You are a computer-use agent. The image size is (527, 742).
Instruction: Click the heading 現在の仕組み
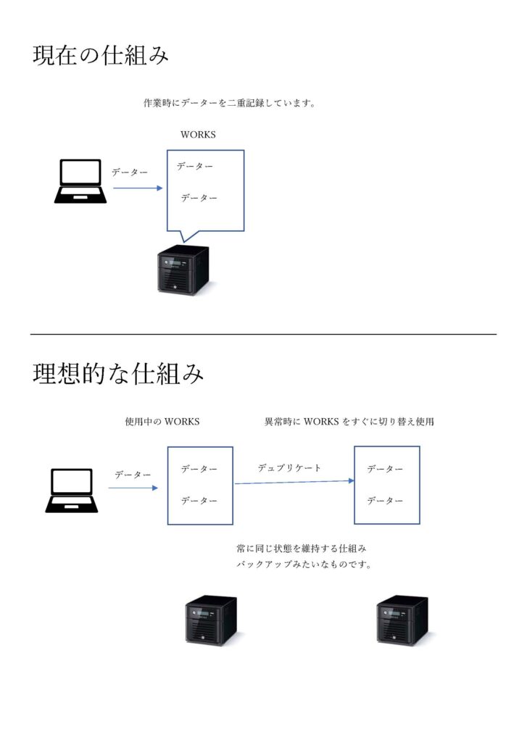(x=100, y=55)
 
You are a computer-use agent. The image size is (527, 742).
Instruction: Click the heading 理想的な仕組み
(x=118, y=373)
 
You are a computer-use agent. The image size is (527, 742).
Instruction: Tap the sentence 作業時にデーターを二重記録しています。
(x=230, y=103)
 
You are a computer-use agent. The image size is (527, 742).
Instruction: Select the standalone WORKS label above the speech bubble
(x=198, y=134)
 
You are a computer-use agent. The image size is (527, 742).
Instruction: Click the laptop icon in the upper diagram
(x=80, y=181)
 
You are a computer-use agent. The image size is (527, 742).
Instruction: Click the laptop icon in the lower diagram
(x=72, y=491)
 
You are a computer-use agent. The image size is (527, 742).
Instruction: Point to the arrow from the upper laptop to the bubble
(x=137, y=188)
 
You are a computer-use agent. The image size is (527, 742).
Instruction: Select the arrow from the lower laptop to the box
(x=133, y=488)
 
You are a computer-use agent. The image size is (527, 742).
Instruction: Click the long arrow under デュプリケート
(x=294, y=482)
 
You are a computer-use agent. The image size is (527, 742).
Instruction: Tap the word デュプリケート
(x=289, y=467)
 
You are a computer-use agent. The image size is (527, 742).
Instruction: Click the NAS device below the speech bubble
(x=183, y=270)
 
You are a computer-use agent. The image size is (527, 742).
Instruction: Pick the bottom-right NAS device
(x=403, y=620)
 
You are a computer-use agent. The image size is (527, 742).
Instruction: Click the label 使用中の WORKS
(x=162, y=421)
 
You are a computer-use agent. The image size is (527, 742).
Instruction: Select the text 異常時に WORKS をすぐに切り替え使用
(x=349, y=421)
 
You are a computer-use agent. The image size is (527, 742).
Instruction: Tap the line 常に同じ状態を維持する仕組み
(x=302, y=549)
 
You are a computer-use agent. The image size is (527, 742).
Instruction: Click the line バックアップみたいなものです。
(x=304, y=564)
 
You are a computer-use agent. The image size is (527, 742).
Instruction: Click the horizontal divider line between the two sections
(x=263, y=334)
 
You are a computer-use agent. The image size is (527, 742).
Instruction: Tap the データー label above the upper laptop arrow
(x=129, y=172)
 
